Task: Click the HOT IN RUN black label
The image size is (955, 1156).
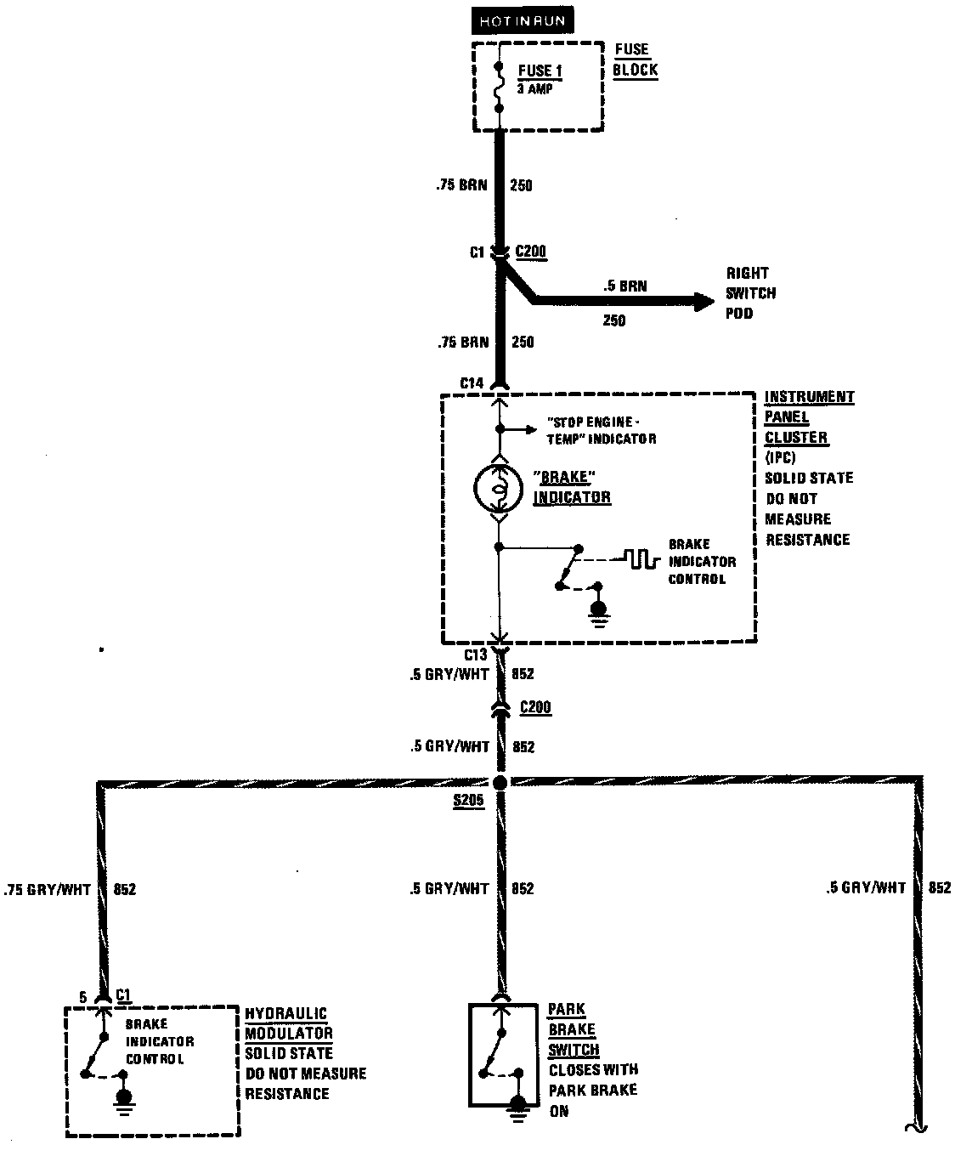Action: pos(523,20)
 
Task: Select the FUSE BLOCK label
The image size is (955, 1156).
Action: pos(635,59)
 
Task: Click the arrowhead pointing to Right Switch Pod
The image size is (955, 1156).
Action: pos(703,301)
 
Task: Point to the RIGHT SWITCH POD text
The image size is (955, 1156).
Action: pos(750,293)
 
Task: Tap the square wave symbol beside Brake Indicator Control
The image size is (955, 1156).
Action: pos(641,558)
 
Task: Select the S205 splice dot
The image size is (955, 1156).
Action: pos(500,782)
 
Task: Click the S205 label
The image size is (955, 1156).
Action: pos(468,801)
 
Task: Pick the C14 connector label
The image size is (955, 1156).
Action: pos(472,383)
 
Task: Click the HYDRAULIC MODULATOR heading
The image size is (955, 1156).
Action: pos(288,1023)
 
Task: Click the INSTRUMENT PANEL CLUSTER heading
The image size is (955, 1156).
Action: pos(808,416)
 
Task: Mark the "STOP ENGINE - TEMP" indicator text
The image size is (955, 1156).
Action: pos(602,430)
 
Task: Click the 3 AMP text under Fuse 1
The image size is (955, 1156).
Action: pos(534,88)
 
